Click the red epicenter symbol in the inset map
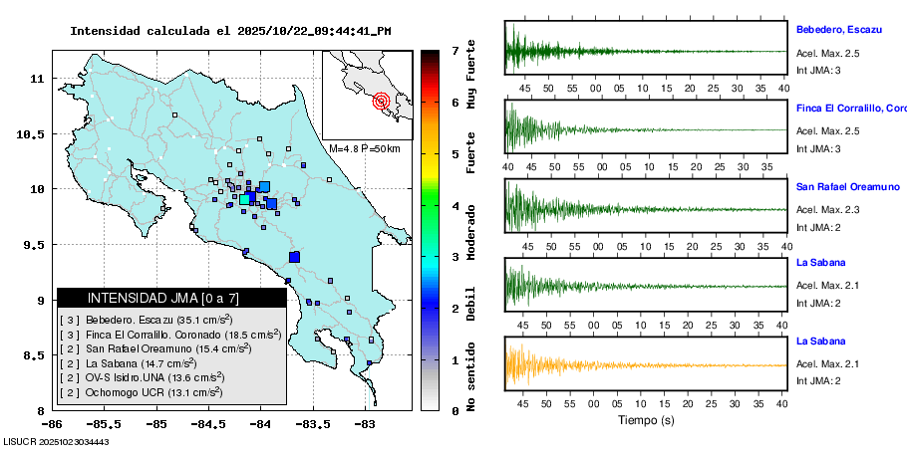click(381, 101)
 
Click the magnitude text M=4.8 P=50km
click(364, 149)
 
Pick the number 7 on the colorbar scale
click(453, 50)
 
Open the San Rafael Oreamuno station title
click(847, 186)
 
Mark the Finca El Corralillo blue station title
click(850, 108)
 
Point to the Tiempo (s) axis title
click(646, 420)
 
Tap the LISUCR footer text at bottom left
click(55, 441)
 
